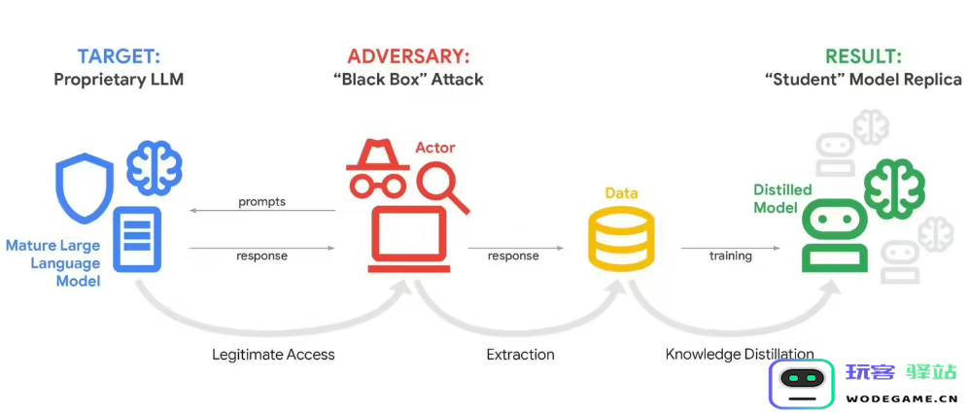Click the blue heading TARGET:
(x=118, y=55)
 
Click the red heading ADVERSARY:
(x=407, y=55)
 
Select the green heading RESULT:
(x=862, y=55)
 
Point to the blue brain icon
(x=155, y=169)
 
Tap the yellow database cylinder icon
(x=622, y=238)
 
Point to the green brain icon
(x=894, y=187)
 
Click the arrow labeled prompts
(x=261, y=210)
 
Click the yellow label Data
(x=621, y=193)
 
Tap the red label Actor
(x=434, y=148)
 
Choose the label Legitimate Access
(x=273, y=355)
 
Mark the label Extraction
(x=520, y=355)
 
